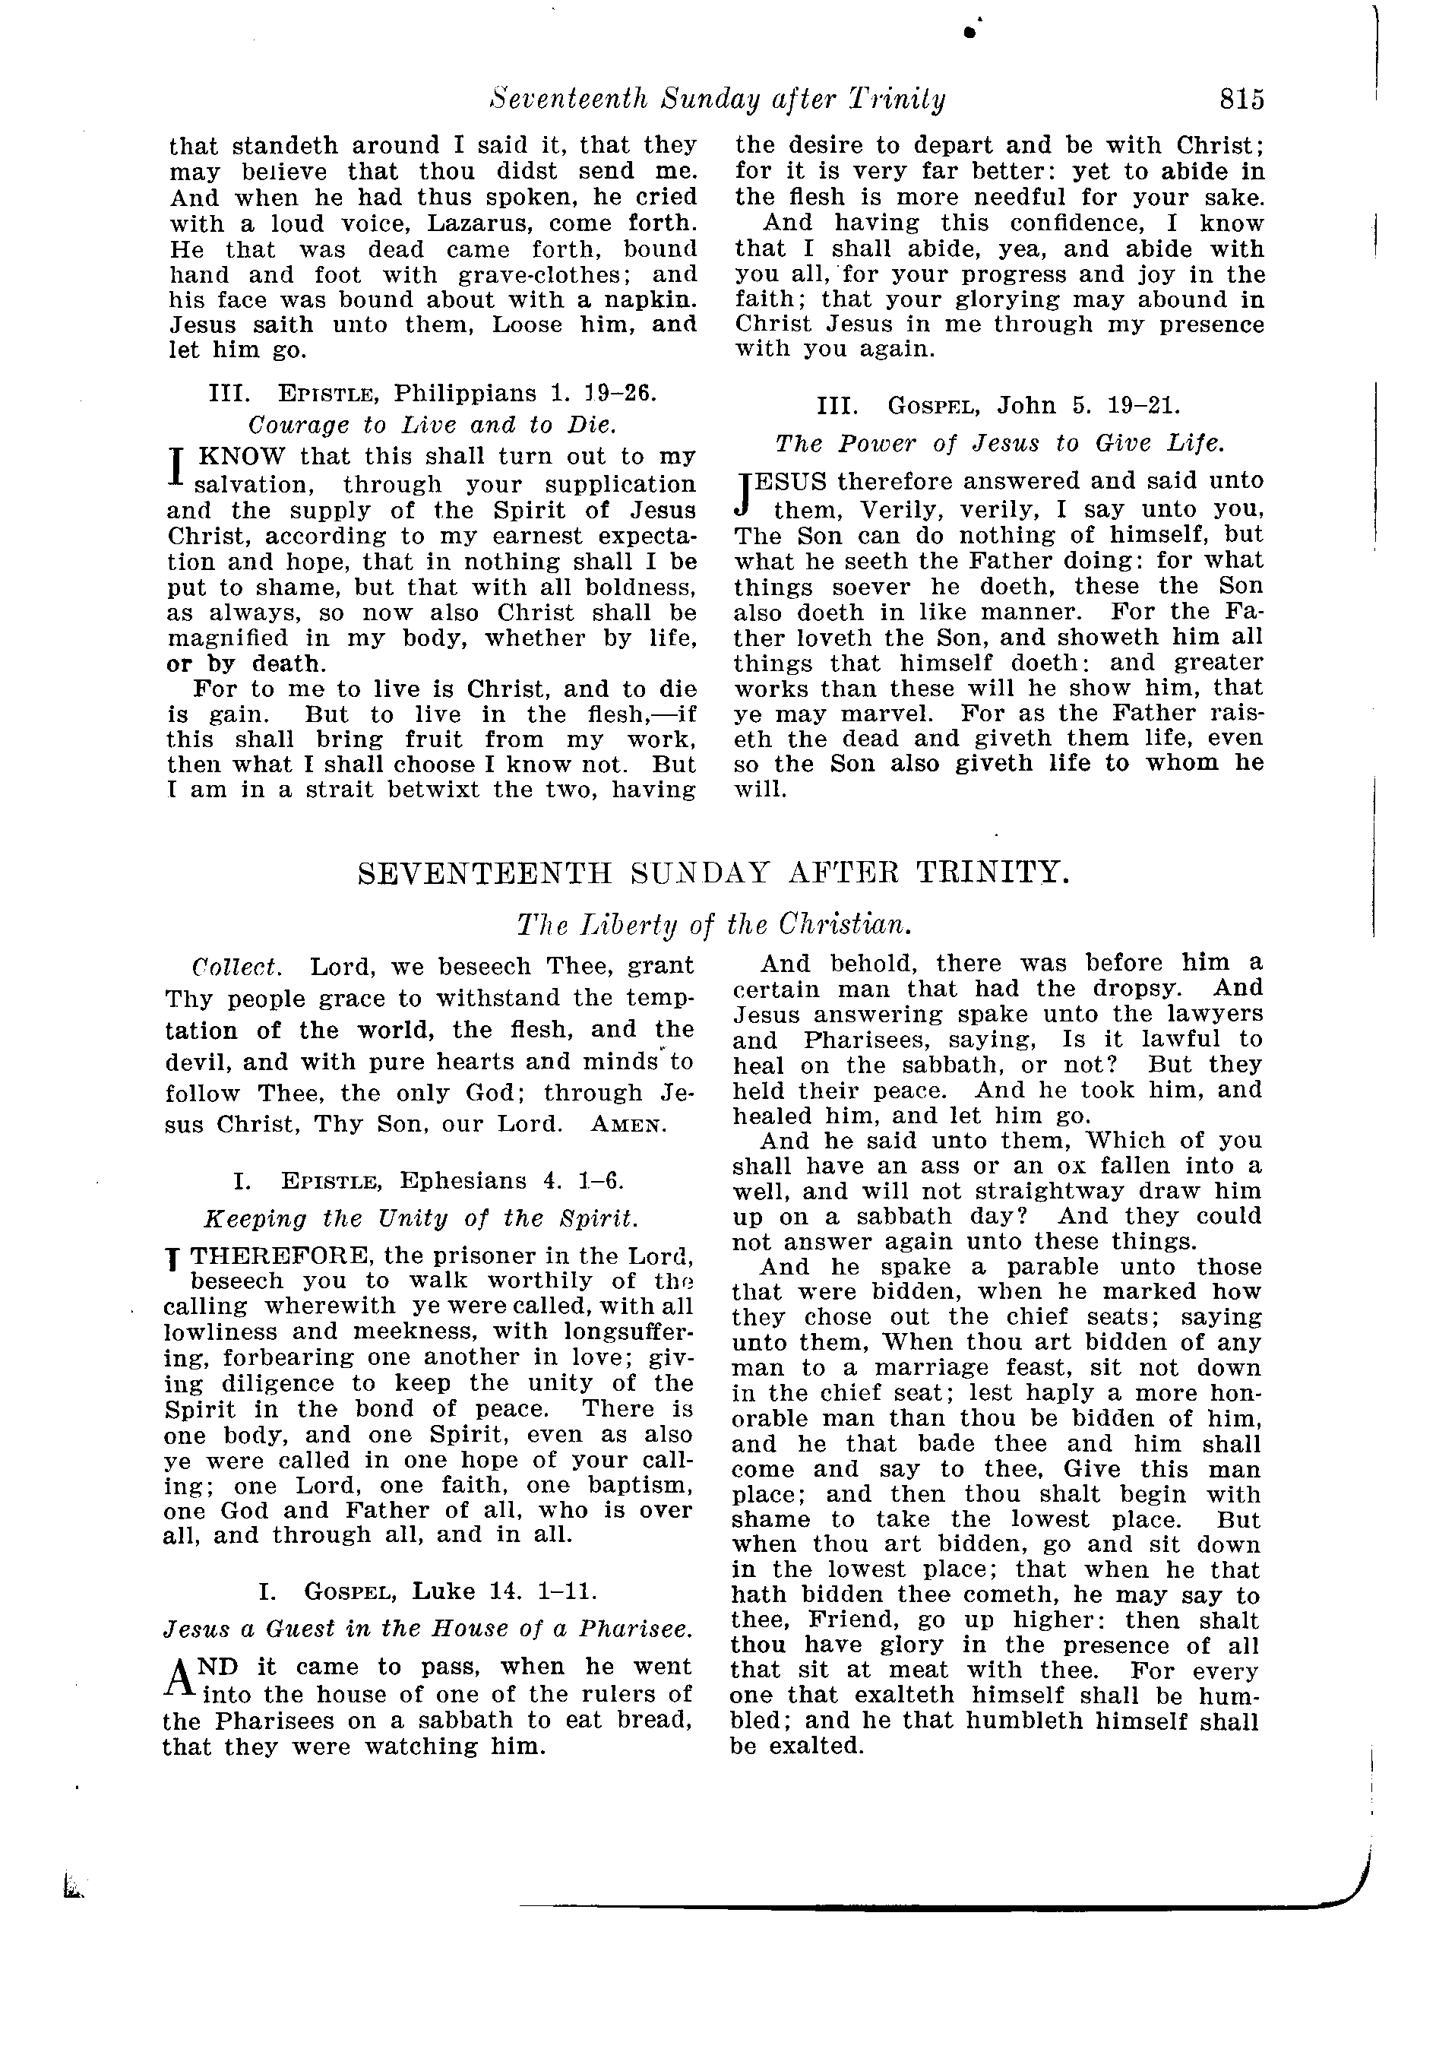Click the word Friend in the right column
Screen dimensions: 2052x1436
[848, 1620]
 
